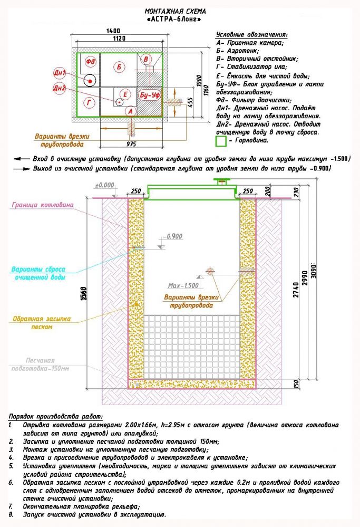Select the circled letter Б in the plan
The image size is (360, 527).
[120, 67]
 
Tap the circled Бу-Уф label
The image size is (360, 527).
[149, 95]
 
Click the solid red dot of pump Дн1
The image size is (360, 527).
[90, 81]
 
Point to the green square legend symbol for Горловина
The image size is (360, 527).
[221, 141]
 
